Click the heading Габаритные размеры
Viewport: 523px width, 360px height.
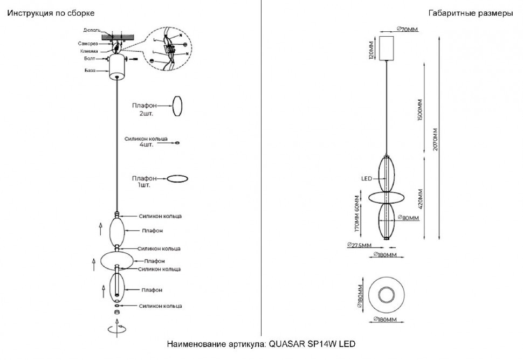pyautogui.click(x=470, y=13)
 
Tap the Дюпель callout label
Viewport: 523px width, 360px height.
pyautogui.click(x=92, y=30)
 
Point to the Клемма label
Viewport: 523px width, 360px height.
pyautogui.click(x=90, y=51)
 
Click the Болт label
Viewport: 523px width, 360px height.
pyautogui.click(x=90, y=59)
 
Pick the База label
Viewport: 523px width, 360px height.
pyautogui.click(x=90, y=71)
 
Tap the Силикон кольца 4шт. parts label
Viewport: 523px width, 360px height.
pyautogui.click(x=146, y=142)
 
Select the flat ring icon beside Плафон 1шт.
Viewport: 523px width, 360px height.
pyautogui.click(x=177, y=178)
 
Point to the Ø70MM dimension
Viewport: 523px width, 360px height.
pyautogui.click(x=407, y=29)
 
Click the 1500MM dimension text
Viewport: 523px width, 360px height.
pyautogui.click(x=419, y=110)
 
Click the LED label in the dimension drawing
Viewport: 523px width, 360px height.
pyautogui.click(x=367, y=179)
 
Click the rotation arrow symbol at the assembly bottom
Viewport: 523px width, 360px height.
pyautogui.click(x=117, y=328)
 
